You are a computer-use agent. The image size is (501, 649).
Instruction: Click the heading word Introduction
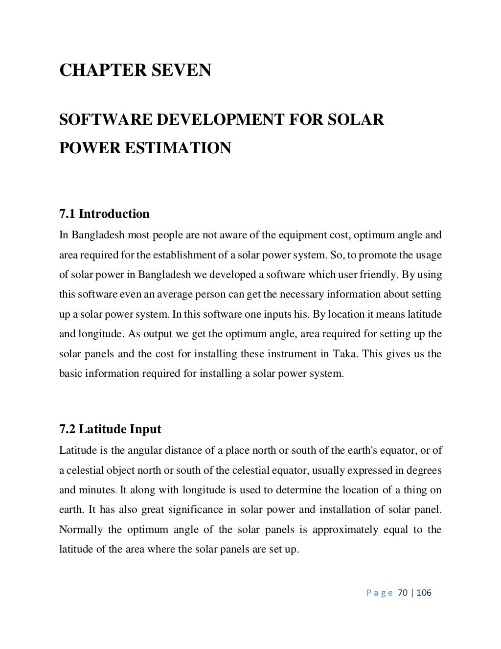[x=114, y=214]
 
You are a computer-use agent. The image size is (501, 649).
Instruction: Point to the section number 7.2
[x=68, y=429]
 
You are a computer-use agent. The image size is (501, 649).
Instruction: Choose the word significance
[x=194, y=510]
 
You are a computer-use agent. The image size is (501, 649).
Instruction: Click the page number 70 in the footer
[x=403, y=593]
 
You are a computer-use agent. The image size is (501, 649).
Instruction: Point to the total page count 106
[x=424, y=593]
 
